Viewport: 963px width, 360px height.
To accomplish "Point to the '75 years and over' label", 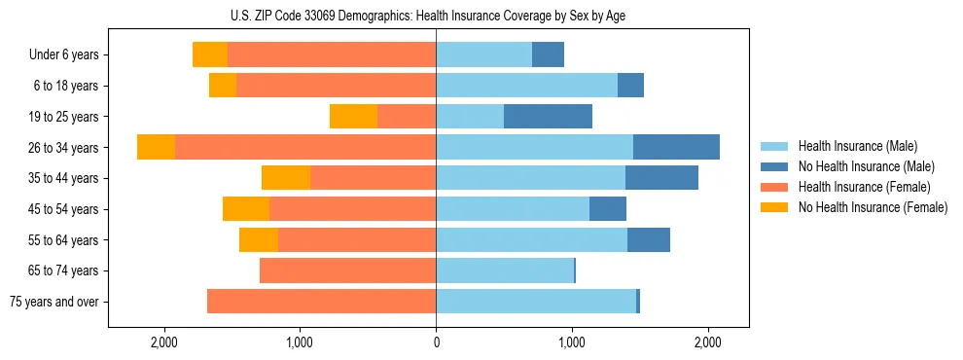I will pos(53,302).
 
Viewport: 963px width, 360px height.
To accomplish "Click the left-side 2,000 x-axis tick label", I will pos(163,342).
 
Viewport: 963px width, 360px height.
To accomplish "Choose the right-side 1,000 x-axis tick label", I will pos(572,342).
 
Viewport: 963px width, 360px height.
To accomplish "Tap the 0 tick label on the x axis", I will pos(436,342).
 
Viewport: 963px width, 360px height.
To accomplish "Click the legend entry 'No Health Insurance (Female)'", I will pos(873,207).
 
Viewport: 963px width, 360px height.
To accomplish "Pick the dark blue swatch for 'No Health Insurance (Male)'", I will pos(774,166).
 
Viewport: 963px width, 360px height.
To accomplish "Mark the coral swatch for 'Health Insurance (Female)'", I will pos(774,187).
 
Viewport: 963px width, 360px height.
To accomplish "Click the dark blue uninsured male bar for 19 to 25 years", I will pos(548,117).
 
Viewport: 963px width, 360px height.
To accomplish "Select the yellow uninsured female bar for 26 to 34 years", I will pos(156,147).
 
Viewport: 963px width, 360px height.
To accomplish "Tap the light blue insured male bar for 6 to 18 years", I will pos(526,86).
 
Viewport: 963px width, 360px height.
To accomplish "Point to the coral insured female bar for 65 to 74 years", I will pos(347,270).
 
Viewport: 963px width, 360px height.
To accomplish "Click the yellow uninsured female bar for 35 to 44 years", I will pos(286,178).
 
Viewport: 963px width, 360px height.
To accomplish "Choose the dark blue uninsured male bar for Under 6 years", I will pos(548,54).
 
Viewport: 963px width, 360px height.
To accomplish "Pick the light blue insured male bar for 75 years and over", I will pos(536,302).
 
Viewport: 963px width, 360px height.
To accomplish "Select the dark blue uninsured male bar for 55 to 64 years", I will pos(649,239).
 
